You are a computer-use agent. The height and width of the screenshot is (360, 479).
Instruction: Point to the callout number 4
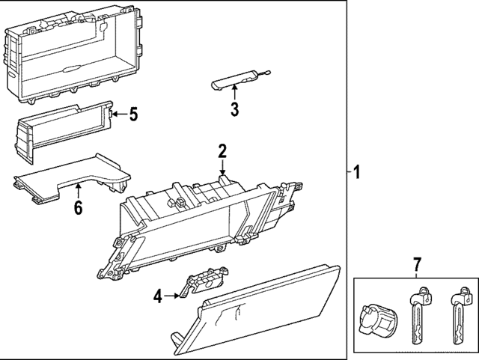pyautogui.click(x=158, y=297)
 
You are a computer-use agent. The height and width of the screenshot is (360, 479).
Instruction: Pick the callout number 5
pyautogui.click(x=133, y=115)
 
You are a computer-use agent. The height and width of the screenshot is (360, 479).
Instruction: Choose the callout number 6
pyautogui.click(x=78, y=207)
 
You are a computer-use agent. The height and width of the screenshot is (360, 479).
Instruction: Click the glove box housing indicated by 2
pyautogui.click(x=202, y=225)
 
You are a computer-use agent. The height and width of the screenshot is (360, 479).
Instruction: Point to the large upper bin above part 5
pyautogui.click(x=75, y=56)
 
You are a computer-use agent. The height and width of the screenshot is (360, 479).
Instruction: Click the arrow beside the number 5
pyautogui.click(x=118, y=115)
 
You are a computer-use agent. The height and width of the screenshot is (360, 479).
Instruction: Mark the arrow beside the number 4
pyautogui.click(x=174, y=296)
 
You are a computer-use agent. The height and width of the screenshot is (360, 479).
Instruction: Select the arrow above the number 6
pyautogui.click(x=78, y=190)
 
